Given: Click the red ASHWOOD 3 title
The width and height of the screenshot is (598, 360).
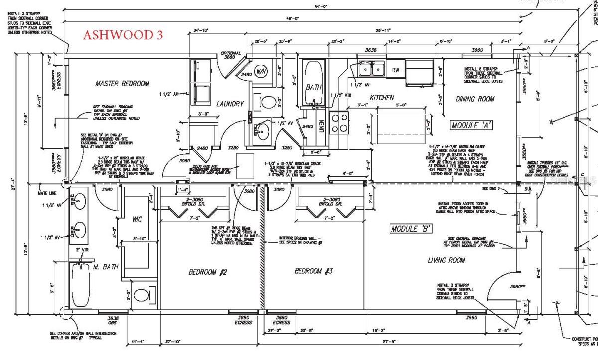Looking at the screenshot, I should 122,35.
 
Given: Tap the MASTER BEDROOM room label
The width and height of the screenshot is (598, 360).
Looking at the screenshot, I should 122,84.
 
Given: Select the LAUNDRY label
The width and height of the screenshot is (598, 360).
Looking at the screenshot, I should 230,104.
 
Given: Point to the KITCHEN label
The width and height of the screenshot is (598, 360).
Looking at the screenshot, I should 382,98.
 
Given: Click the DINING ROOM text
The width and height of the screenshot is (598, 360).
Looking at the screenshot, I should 475,99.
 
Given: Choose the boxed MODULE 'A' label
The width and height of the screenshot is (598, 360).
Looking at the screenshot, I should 471,125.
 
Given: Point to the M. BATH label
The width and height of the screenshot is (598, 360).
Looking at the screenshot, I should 105,267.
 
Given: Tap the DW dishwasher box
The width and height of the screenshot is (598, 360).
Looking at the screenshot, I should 395,70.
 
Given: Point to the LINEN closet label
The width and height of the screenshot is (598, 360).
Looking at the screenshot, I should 321,124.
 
